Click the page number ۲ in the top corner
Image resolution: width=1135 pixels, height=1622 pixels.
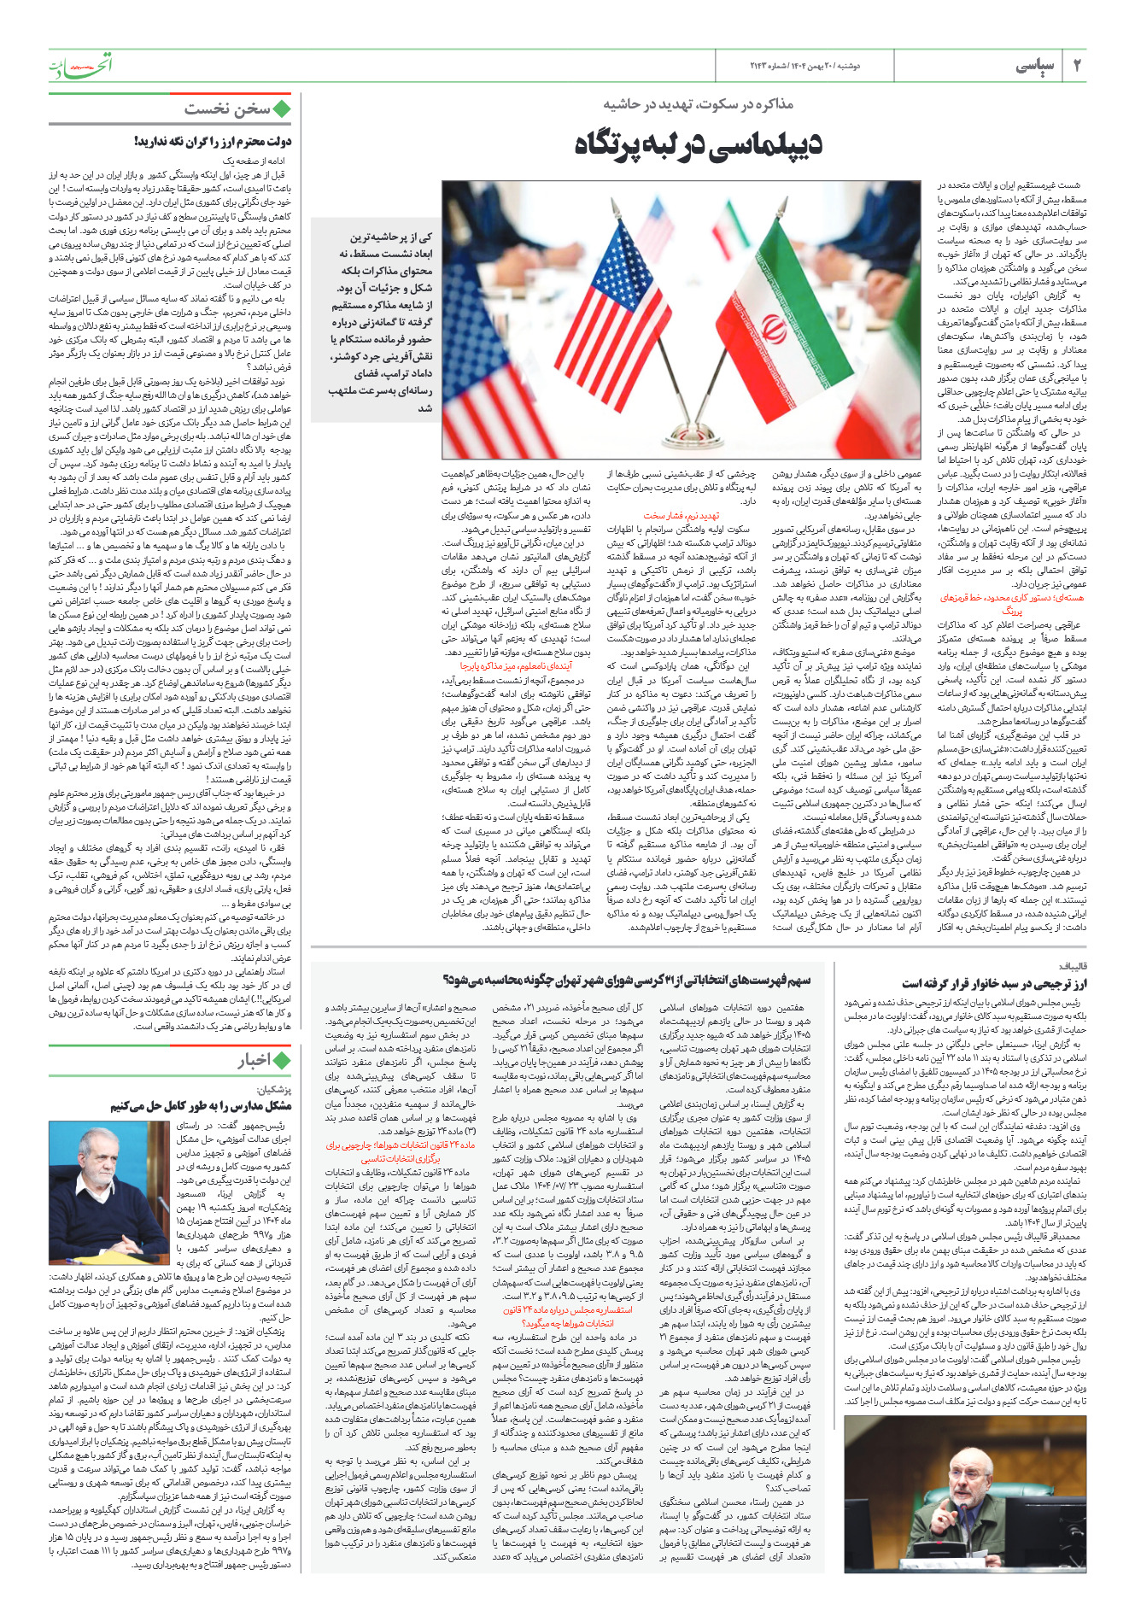tap(1077, 66)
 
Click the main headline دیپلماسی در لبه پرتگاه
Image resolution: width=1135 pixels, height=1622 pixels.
tap(698, 143)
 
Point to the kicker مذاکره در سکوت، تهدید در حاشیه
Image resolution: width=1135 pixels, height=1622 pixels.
tap(698, 104)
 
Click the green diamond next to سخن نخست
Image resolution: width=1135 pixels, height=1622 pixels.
tap(282, 108)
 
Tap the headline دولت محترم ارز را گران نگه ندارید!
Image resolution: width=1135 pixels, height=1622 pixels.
tap(213, 142)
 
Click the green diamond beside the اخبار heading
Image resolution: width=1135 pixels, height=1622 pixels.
tap(282, 1060)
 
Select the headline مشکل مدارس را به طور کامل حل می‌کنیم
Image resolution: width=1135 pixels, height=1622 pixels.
tap(201, 1105)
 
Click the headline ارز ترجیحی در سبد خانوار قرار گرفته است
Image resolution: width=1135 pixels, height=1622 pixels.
tap(994, 984)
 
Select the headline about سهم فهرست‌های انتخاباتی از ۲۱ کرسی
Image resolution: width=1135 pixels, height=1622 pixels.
tap(628, 980)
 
